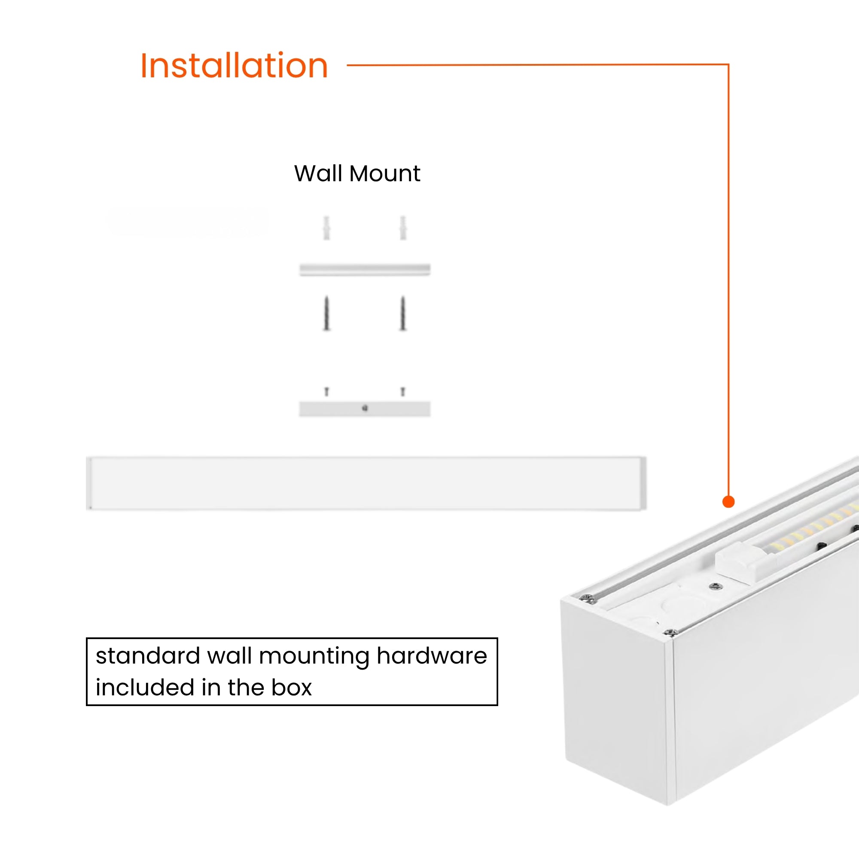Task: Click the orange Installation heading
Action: coord(234,66)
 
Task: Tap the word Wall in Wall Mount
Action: coord(317,174)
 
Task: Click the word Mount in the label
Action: coord(384,174)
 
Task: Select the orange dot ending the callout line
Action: coord(728,502)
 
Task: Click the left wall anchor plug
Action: coord(327,228)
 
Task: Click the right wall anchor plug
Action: coord(403,228)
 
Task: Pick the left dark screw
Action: coord(327,314)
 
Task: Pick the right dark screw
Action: coord(403,314)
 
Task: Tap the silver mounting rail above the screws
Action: coord(365,269)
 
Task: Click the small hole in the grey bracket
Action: coord(365,408)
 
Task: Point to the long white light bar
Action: coord(366,483)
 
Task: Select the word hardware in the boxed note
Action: coord(432,656)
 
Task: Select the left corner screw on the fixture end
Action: coord(588,599)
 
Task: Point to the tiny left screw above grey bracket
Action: coord(327,391)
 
